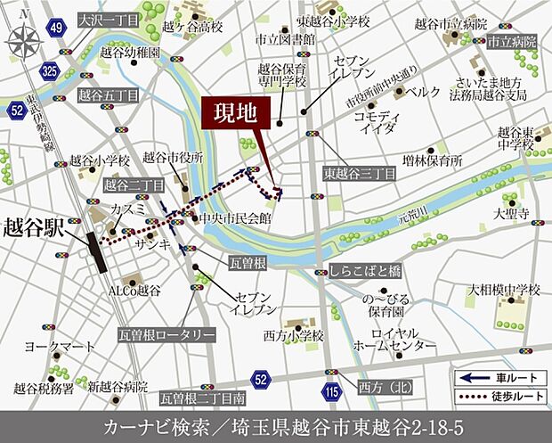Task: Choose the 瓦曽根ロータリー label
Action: tap(166, 334)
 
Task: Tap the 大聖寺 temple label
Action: tap(512, 214)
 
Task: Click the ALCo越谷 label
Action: tap(134, 290)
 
